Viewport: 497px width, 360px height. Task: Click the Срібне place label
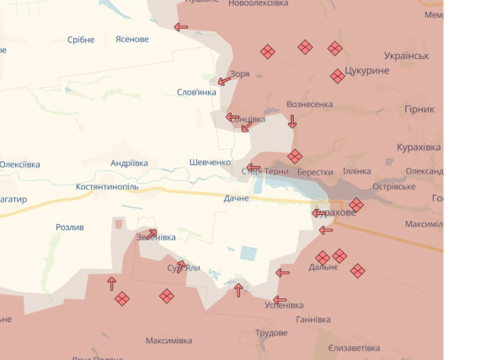[81, 40]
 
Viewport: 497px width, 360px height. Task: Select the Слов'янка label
[196, 92]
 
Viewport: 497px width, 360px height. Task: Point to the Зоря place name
[239, 73]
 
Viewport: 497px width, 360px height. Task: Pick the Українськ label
[406, 56]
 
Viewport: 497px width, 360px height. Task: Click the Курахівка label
[419, 148]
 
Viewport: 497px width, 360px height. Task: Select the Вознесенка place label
[309, 105]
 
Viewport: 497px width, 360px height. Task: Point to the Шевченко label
[210, 163]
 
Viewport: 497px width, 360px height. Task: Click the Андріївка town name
[129, 163]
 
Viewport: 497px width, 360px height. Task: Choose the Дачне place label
[236, 198]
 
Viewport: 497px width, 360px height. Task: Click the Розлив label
[70, 228]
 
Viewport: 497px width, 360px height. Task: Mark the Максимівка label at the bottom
[168, 341]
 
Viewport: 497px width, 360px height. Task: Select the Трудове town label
[271, 333]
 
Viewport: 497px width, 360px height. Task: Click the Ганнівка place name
[313, 320]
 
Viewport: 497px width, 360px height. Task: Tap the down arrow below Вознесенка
[292, 122]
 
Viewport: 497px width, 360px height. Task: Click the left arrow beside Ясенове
[181, 27]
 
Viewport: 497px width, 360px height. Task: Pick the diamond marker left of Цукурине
[337, 77]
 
